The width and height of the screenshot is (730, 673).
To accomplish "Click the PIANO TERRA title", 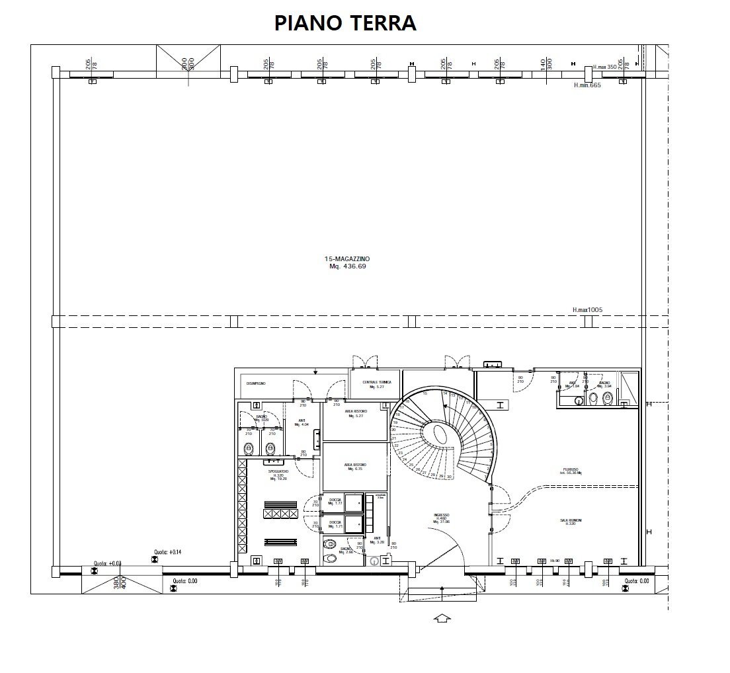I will pos(345,22).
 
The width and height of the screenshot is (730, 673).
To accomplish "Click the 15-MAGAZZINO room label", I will pos(347,262).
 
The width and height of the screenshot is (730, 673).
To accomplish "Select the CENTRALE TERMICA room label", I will pos(377,385).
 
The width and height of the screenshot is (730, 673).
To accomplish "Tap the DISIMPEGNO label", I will pos(257,383).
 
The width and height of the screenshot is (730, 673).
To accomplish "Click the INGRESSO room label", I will pos(442,518).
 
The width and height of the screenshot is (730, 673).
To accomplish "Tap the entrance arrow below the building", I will pos(442,618).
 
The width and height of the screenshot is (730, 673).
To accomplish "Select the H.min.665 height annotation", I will pos(587,85).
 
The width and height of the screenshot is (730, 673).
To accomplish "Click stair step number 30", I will pos(450,477).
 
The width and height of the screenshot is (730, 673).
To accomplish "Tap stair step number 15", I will pos(425,393).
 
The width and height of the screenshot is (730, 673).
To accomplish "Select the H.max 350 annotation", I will pos(604,67).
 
